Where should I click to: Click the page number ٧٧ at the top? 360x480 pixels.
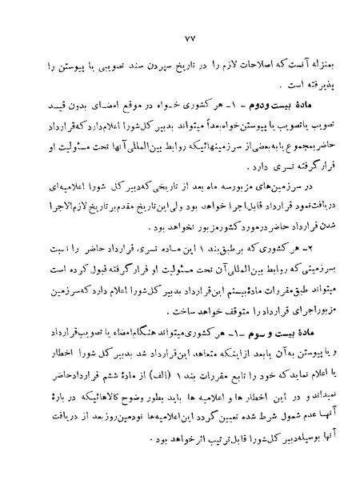tap(178, 38)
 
